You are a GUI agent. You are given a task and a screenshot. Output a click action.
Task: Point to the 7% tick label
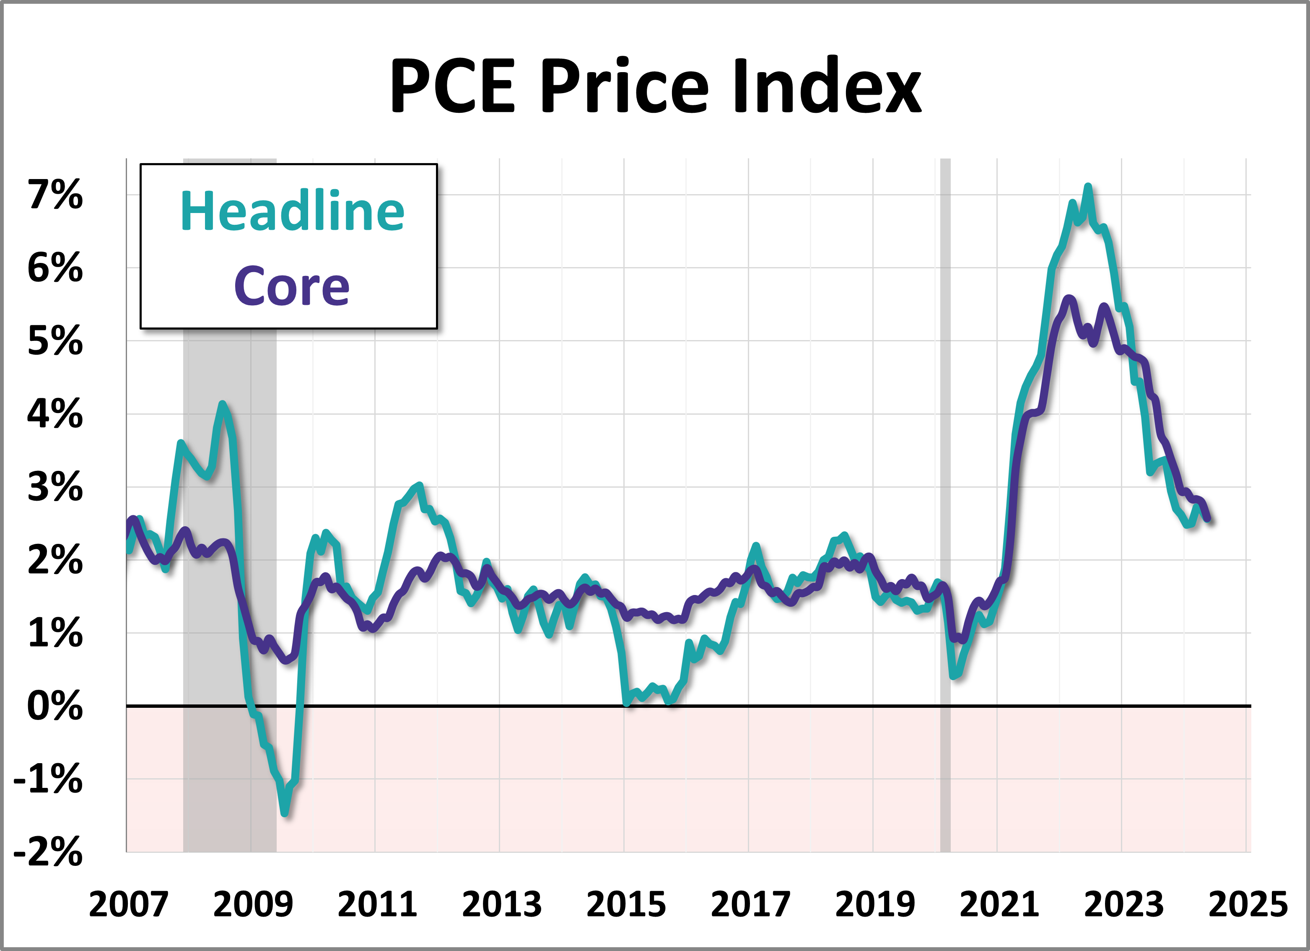point(55,195)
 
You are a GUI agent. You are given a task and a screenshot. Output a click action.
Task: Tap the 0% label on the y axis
point(55,706)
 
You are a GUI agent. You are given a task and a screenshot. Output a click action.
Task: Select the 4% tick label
point(55,414)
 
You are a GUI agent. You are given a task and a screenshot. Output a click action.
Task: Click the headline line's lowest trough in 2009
point(285,813)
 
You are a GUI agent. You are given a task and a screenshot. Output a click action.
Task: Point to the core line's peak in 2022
point(1069,298)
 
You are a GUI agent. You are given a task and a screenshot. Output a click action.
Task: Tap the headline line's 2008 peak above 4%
point(222,404)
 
